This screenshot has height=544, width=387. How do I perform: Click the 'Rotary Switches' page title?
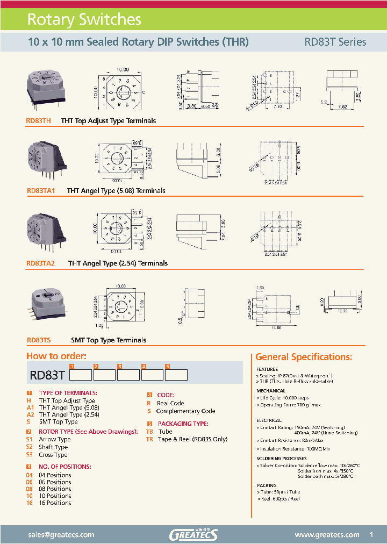84,20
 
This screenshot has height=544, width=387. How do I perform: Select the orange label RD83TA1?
45,191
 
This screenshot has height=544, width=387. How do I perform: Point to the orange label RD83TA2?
45,263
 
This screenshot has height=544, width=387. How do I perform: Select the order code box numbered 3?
128,375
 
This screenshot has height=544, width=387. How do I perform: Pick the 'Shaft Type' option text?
53,447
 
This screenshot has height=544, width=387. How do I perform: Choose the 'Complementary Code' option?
185,411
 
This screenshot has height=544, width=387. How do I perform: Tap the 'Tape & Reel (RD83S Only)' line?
192,439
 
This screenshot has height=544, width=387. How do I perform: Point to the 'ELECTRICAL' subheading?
269,420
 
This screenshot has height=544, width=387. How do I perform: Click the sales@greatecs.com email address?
61,534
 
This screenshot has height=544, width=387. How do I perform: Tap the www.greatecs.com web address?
327,534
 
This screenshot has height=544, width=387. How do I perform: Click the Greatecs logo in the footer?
193,534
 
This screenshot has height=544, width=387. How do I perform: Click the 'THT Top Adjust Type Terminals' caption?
109,121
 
